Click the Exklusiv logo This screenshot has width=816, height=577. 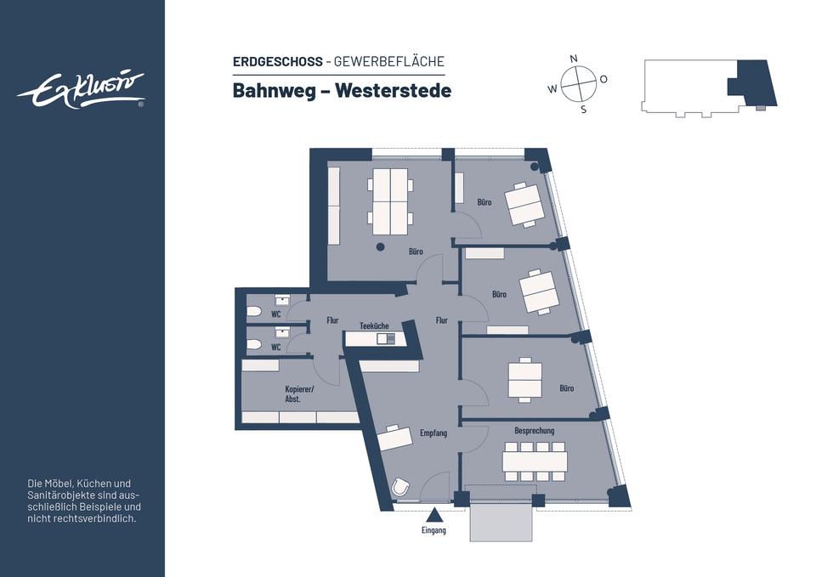82,90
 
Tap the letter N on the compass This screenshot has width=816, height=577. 574,58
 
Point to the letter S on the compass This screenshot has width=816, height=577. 583,109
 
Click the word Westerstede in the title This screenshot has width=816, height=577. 393,90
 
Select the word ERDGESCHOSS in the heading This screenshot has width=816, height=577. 277,61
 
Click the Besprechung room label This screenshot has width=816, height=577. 534,431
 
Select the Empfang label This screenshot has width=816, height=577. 433,433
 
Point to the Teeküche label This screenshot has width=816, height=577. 374,325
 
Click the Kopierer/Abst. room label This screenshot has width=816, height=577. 299,393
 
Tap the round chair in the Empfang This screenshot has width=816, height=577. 401,487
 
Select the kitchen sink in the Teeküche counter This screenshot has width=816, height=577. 382,338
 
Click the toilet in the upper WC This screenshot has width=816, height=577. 254,312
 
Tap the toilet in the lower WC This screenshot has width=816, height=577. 254,345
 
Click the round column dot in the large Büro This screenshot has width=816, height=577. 380,247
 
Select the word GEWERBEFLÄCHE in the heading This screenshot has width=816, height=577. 389,61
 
